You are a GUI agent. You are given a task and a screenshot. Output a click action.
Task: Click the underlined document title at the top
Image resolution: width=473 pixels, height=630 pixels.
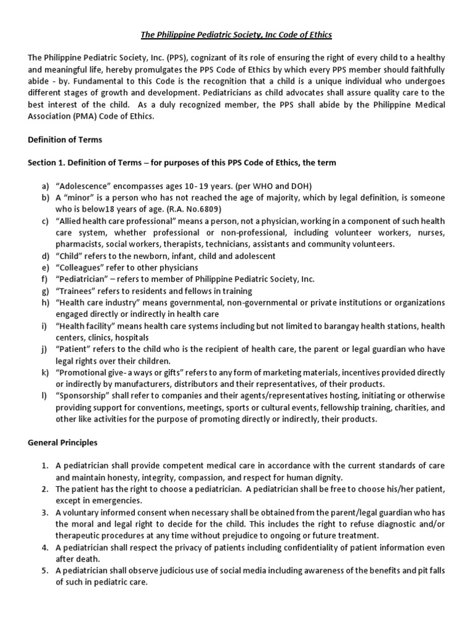pos(236,35)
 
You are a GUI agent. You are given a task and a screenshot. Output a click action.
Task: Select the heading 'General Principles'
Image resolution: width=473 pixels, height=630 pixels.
pos(62,442)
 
